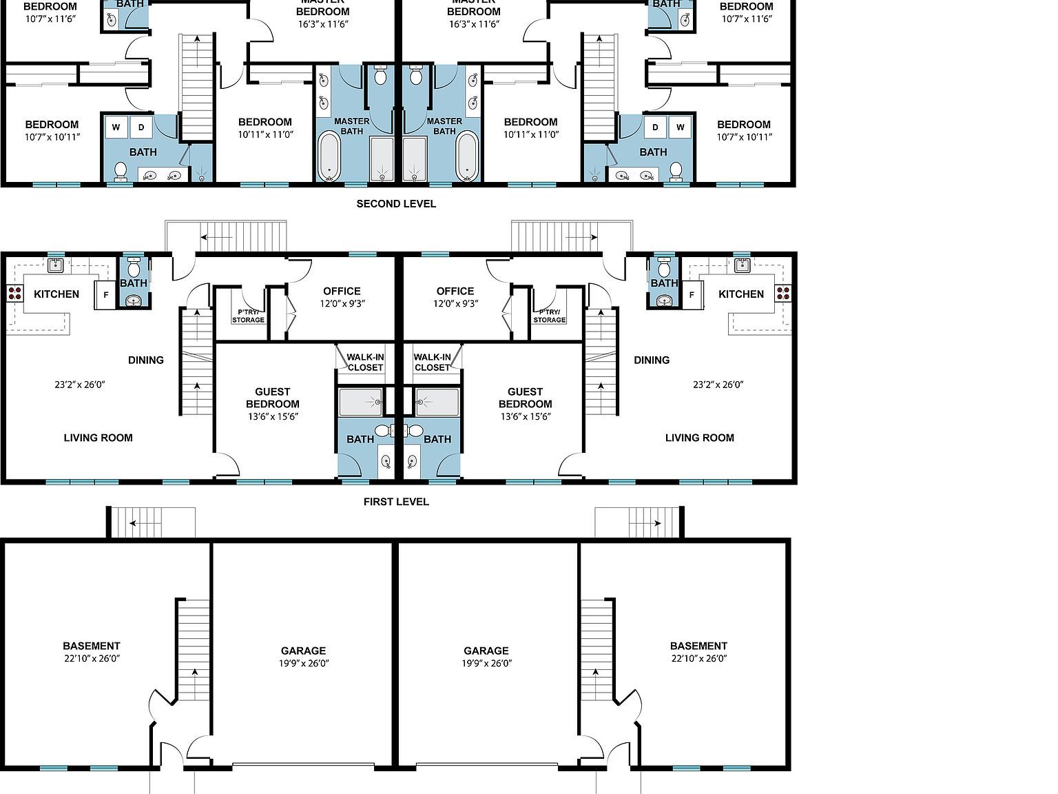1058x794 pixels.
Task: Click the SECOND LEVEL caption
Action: coord(396,204)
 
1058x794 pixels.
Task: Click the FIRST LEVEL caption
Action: coord(396,502)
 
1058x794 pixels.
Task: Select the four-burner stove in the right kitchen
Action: coord(783,293)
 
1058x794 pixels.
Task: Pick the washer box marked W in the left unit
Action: coord(116,127)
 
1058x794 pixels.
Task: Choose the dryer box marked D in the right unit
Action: coord(655,127)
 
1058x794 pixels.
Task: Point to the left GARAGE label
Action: coord(303,651)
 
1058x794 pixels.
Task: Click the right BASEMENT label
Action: coord(698,646)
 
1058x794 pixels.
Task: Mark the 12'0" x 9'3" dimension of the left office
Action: coord(342,303)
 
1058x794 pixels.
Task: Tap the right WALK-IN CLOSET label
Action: coord(432,363)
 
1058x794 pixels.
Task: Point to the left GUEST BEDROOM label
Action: coord(273,398)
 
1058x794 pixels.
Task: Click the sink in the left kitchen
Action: coord(56,265)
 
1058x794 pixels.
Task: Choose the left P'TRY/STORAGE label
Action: coord(248,316)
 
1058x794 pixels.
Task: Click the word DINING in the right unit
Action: coord(652,360)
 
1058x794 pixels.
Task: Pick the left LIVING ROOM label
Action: coord(98,438)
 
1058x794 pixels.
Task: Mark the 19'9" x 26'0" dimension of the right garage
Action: coord(486,664)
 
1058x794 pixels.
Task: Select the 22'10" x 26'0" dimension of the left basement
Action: coord(92,658)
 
